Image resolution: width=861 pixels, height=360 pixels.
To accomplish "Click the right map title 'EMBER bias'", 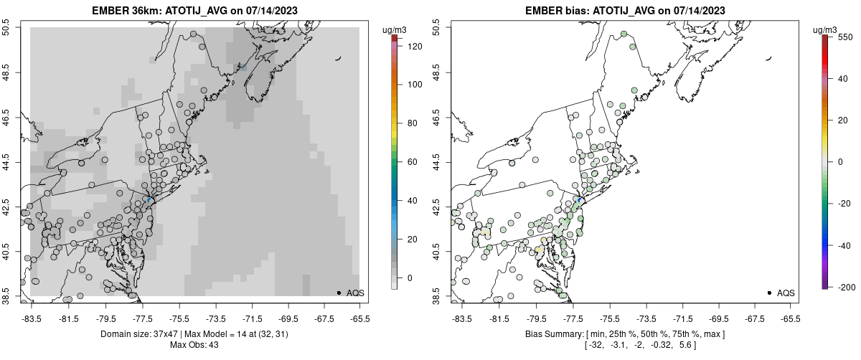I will point(550,11).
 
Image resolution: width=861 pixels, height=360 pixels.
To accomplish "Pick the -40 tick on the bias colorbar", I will point(844,245).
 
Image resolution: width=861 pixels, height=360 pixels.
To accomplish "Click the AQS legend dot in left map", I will point(338,293).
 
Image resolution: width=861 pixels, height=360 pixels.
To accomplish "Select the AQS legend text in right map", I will point(786,293).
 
